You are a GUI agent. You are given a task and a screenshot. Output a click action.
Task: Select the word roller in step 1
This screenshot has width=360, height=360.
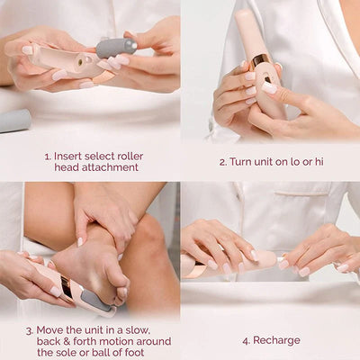pyautogui.click(x=128, y=156)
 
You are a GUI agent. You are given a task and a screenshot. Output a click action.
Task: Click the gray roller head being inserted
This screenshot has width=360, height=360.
pyautogui.click(x=115, y=47)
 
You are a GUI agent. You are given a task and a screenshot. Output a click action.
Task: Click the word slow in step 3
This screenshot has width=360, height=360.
pyautogui.click(x=138, y=329)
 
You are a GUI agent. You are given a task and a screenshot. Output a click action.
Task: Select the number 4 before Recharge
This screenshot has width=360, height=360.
pyautogui.click(x=244, y=342)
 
